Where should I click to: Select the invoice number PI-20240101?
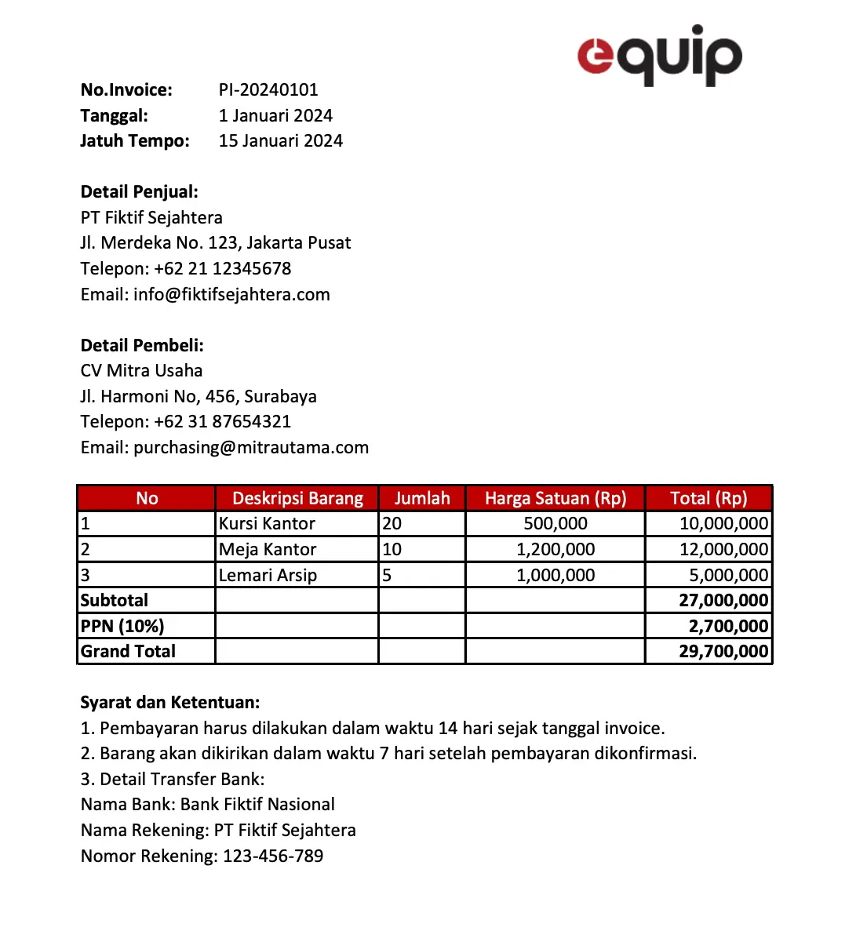point(268,90)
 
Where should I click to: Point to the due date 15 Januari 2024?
point(280,141)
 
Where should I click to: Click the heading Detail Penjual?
point(139,192)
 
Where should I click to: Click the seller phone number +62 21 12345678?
point(222,269)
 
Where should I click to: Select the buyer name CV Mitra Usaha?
point(141,371)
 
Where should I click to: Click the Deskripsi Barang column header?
point(297,499)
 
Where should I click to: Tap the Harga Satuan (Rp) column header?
point(555,499)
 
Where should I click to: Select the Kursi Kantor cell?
point(267,524)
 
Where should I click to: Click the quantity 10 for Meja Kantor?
point(392,550)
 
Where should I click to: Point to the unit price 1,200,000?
point(555,550)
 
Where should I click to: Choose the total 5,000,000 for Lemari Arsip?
point(728,576)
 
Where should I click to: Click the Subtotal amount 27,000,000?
point(723,601)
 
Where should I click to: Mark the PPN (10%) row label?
point(122,627)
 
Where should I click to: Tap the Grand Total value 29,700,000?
point(723,652)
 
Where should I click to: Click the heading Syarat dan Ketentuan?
point(169,703)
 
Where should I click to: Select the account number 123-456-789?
point(273,856)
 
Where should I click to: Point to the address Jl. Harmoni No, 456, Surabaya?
point(199,397)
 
